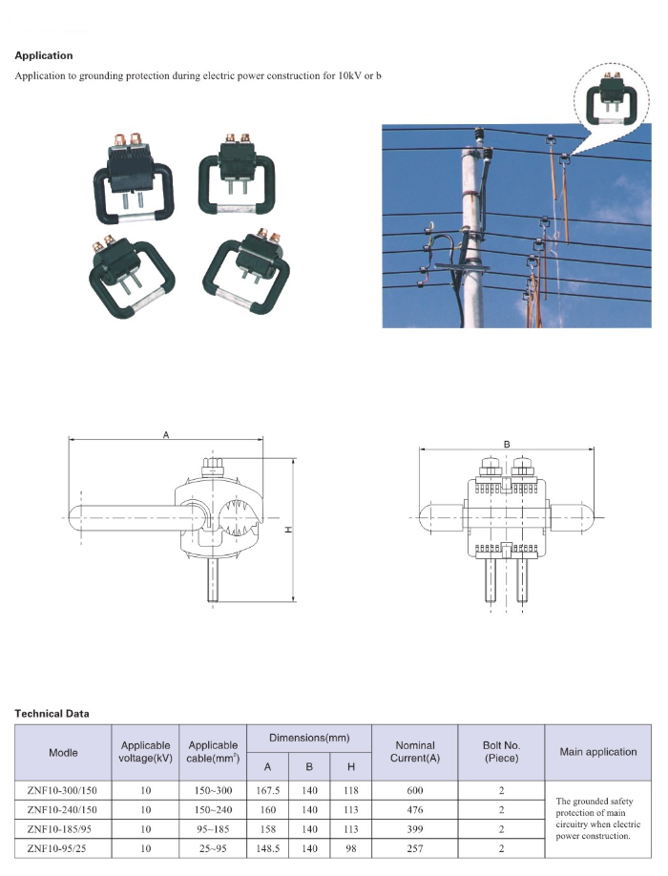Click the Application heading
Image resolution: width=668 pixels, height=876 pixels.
point(44,55)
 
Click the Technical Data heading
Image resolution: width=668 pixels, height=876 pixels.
point(52,713)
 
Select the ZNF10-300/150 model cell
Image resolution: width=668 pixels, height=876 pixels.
point(64,790)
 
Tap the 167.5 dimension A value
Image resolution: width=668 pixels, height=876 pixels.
point(267,790)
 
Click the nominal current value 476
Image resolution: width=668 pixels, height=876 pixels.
point(414,809)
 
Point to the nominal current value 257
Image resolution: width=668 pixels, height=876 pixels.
point(414,848)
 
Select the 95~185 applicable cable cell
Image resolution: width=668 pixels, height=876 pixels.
point(213,829)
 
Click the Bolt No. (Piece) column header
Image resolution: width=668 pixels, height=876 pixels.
point(501,752)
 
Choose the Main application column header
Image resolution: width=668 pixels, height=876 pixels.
point(598,752)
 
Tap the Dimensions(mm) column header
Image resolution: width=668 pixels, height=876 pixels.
point(308,739)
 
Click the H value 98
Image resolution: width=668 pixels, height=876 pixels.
point(350,848)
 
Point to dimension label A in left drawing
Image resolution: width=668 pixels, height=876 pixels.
point(165,435)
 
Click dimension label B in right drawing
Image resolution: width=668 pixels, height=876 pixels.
point(507,444)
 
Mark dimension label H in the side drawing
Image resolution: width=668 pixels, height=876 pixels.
point(287,530)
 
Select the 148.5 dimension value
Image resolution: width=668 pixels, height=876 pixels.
point(267,848)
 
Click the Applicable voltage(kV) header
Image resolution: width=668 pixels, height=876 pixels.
point(146,752)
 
